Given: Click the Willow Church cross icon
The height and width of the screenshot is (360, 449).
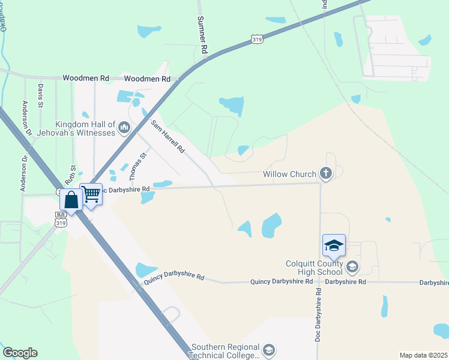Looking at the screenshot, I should pyautogui.click(x=326, y=174).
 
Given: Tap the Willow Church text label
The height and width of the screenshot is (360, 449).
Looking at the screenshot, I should pyautogui.click(x=289, y=175).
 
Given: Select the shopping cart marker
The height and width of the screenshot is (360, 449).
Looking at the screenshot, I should pyautogui.click(x=91, y=194).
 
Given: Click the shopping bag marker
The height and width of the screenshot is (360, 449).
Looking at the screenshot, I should pyautogui.click(x=71, y=200).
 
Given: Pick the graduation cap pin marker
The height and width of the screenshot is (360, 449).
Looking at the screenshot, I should pyautogui.click(x=334, y=245).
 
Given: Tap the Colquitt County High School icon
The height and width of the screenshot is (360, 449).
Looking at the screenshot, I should pyautogui.click(x=352, y=266).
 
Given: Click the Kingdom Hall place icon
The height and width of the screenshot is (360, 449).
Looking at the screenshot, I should pyautogui.click(x=125, y=127).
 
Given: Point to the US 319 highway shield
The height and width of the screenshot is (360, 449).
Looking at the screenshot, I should pyautogui.click(x=257, y=40).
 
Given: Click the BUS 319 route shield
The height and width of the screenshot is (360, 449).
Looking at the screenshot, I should pyautogui.click(x=61, y=218).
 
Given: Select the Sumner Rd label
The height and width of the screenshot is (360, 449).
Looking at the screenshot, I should pyautogui.click(x=203, y=33).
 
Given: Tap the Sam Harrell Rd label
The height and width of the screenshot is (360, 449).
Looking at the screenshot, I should pyautogui.click(x=167, y=137).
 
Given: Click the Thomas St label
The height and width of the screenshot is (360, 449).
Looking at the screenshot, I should pyautogui.click(x=138, y=167).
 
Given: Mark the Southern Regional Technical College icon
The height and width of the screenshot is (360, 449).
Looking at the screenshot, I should pyautogui.click(x=269, y=350).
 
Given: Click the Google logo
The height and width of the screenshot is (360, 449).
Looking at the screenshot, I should pyautogui.click(x=20, y=353).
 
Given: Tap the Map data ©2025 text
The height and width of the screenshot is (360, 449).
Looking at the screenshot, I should pyautogui.click(x=423, y=355).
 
